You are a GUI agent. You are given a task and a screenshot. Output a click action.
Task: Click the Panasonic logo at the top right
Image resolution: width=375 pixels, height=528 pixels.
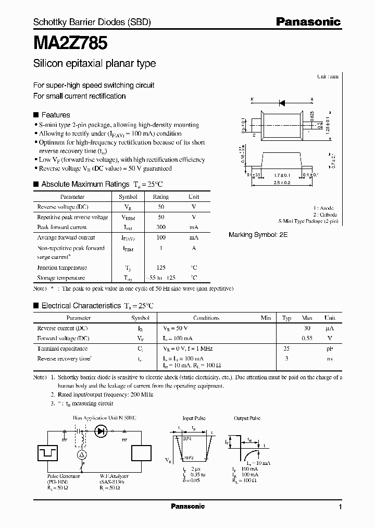[308, 21]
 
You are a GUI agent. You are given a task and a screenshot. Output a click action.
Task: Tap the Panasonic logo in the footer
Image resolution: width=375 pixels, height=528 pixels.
[187, 506]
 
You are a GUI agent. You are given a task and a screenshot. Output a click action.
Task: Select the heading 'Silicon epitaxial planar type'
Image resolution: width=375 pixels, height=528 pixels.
[94, 64]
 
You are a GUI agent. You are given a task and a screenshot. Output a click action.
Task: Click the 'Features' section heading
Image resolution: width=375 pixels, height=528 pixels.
[55, 115]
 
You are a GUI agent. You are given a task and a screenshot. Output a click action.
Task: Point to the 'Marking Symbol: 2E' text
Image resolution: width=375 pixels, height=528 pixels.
[258, 235]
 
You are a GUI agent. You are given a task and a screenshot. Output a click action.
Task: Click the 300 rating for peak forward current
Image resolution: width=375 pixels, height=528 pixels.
[160, 227]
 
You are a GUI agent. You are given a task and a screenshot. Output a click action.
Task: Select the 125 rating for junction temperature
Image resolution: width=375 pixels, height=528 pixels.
[160, 268]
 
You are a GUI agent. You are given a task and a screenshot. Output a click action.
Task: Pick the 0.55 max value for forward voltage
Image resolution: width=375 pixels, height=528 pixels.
[307, 338]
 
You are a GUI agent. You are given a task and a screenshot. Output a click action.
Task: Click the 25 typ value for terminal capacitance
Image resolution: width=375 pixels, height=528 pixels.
[286, 349]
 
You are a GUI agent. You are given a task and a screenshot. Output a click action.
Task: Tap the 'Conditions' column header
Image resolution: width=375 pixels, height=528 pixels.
[206, 318]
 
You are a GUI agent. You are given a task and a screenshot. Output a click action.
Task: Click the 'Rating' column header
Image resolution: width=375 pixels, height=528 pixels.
[160, 197]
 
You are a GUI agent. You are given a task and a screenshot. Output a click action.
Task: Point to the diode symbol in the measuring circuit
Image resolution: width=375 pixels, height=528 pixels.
[101, 431]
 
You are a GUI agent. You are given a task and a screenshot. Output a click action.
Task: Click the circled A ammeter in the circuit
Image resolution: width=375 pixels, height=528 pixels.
[81, 455]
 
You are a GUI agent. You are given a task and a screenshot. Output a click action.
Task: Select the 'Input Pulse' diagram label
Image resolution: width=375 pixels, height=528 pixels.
[195, 418]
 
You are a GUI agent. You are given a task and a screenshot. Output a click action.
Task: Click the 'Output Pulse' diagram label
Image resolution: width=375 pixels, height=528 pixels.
[247, 418]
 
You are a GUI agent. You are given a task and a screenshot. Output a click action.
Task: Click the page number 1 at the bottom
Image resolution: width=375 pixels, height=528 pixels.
[340, 507]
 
